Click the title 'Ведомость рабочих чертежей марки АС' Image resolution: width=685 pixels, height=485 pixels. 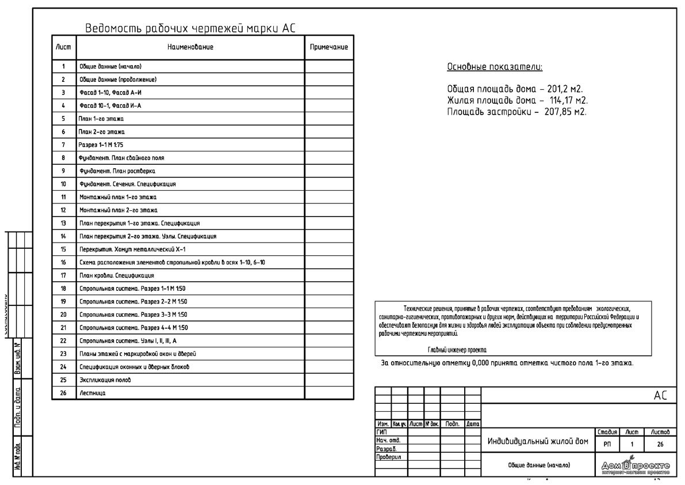point(190,29)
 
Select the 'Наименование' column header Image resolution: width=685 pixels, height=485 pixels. point(190,47)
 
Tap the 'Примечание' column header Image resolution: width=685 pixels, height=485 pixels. point(328,47)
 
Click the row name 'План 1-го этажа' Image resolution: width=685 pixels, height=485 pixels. point(101,119)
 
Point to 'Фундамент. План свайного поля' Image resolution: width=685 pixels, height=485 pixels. point(118,158)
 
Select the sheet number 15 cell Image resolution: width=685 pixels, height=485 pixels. point(63,249)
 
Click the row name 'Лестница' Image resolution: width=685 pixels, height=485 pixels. point(92,393)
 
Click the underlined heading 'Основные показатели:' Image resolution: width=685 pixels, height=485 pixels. point(495,67)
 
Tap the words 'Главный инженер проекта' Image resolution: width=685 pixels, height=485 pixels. point(457,350)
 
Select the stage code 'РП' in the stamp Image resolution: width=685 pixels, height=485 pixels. point(607,444)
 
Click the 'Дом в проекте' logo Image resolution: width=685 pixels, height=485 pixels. point(636,466)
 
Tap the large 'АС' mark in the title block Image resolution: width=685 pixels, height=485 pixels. point(660,396)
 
